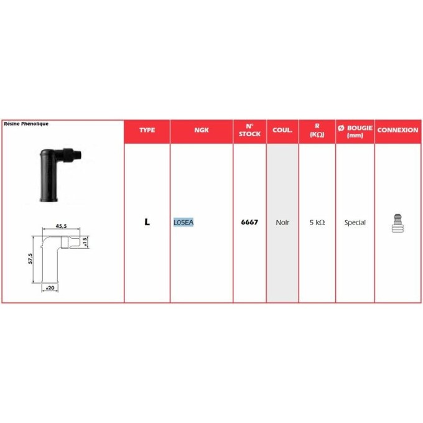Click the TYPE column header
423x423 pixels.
(147, 130)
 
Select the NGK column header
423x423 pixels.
(202, 130)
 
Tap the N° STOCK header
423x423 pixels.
(249, 130)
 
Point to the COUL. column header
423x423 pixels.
(282, 130)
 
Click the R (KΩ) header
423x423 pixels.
(317, 131)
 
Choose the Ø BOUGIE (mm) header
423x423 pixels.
(355, 131)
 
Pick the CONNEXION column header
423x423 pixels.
(397, 130)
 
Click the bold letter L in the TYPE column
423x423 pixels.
(147, 222)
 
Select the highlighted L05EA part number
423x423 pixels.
(184, 222)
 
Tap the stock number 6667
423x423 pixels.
(249, 222)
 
